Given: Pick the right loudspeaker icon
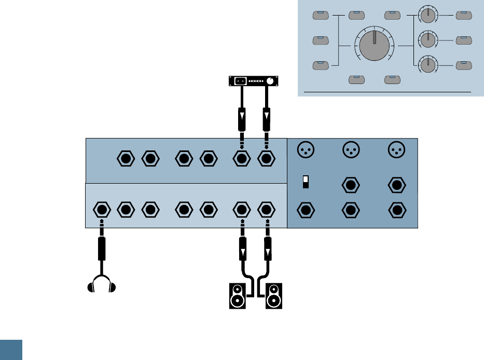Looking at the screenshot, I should (x=274, y=296).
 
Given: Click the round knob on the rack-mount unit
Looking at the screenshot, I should (x=270, y=81).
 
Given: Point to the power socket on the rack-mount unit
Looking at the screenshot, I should (x=240, y=81).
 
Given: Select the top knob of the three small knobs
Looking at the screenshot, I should (x=427, y=15).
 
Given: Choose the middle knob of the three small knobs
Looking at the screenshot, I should (x=427, y=40).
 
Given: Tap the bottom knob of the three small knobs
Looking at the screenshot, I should (x=427, y=65).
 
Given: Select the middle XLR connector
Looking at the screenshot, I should (x=351, y=149).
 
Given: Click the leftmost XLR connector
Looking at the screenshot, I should (x=305, y=149).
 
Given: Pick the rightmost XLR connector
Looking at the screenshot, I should (x=397, y=149).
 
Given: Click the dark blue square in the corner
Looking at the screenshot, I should (x=11, y=350).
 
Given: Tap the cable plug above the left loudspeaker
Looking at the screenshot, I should (x=241, y=248).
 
